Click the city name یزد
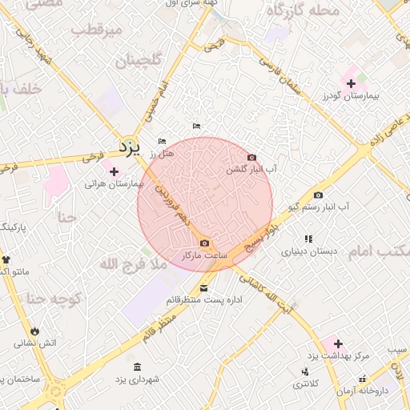point(128,148)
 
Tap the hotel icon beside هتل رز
point(163,142)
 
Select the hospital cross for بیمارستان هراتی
point(115,171)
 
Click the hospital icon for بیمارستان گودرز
point(352,83)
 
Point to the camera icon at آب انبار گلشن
point(252,158)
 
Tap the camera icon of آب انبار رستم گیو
point(319,195)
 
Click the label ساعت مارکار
point(206,255)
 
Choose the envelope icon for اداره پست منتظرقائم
point(203,288)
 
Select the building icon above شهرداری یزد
point(137,366)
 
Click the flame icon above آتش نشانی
point(35,330)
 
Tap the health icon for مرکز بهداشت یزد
point(337,344)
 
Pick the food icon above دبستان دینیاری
point(308,239)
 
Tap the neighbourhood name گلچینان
point(139,61)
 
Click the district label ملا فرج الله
point(133,263)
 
